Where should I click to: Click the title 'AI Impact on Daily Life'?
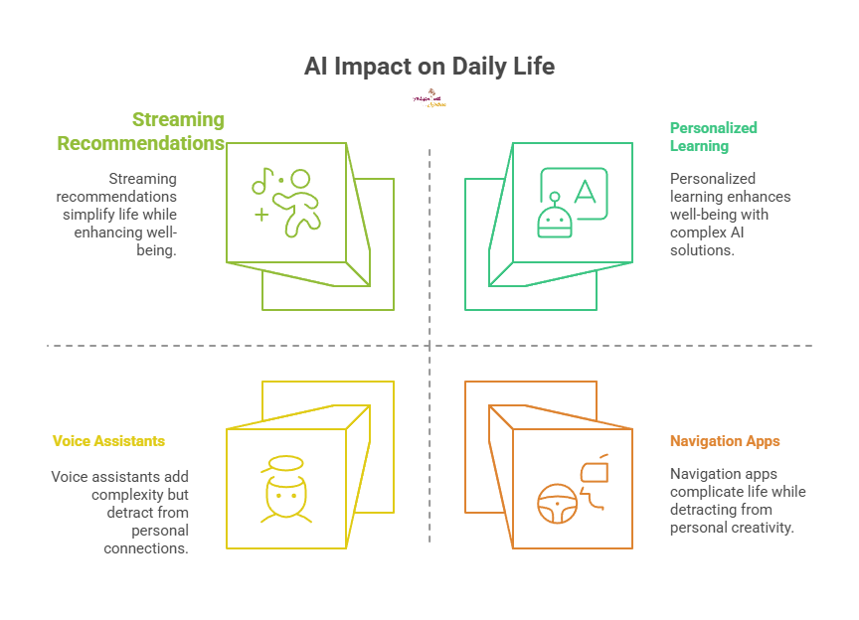click(x=429, y=68)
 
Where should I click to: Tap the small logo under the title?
click(x=429, y=99)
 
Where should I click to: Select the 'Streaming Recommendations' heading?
click(x=141, y=131)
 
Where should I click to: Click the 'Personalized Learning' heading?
click(x=713, y=137)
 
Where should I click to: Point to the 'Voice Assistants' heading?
click(x=108, y=440)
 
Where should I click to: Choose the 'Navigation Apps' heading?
click(x=724, y=440)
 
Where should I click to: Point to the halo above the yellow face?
click(x=279, y=464)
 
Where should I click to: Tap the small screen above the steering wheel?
click(x=597, y=470)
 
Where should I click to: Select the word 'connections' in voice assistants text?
click(x=148, y=548)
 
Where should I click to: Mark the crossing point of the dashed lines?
click(x=429, y=346)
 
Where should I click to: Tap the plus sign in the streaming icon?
click(x=260, y=215)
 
